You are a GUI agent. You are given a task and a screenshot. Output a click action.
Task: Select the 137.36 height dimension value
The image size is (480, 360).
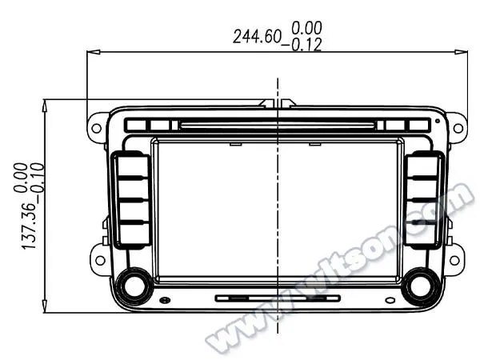click(30, 225)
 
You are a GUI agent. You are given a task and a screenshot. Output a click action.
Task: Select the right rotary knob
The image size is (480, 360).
click(421, 286)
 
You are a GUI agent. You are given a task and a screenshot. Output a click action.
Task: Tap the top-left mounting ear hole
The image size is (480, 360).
click(97, 127)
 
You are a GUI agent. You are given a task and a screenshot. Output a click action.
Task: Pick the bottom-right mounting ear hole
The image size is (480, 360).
click(454, 259)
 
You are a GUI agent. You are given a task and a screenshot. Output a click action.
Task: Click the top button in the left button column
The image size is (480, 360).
click(133, 168)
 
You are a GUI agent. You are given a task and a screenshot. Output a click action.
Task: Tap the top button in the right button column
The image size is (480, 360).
click(422, 168)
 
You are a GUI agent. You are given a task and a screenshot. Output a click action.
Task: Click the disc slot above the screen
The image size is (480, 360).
click(276, 125)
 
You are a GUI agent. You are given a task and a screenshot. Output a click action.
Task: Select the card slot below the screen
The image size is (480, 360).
click(277, 298)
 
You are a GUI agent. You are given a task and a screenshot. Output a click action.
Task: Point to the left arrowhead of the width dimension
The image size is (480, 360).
click(91, 53)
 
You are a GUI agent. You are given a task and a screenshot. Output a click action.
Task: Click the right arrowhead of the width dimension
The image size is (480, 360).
click(461, 53)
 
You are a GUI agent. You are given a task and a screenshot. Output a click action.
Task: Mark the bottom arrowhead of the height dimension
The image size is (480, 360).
click(45, 307)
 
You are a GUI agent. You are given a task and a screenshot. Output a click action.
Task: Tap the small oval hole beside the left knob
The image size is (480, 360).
click(165, 300)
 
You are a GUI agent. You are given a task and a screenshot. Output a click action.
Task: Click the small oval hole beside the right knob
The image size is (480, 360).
click(390, 300)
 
